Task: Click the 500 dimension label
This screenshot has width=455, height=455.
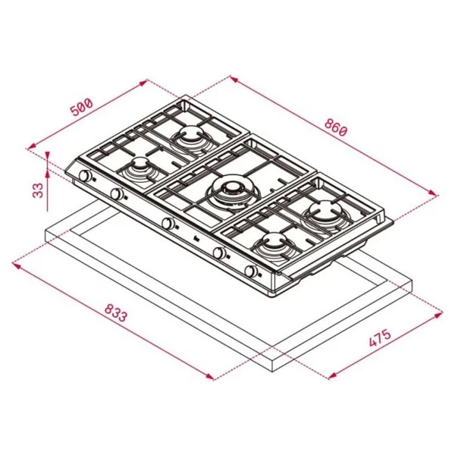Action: coord(82,108)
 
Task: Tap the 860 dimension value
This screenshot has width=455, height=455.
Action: coord(335,127)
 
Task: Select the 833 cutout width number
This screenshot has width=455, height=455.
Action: coord(115,312)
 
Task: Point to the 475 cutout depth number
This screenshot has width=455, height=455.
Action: coord(380,338)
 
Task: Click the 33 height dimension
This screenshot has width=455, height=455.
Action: coord(38,190)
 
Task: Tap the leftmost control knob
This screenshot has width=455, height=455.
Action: coord(85,176)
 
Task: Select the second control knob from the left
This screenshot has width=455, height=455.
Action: coord(117,194)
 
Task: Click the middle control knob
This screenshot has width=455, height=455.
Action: coord(168,223)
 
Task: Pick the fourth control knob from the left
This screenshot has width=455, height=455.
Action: coord(219,253)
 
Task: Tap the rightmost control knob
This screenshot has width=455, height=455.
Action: coord(251,271)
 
